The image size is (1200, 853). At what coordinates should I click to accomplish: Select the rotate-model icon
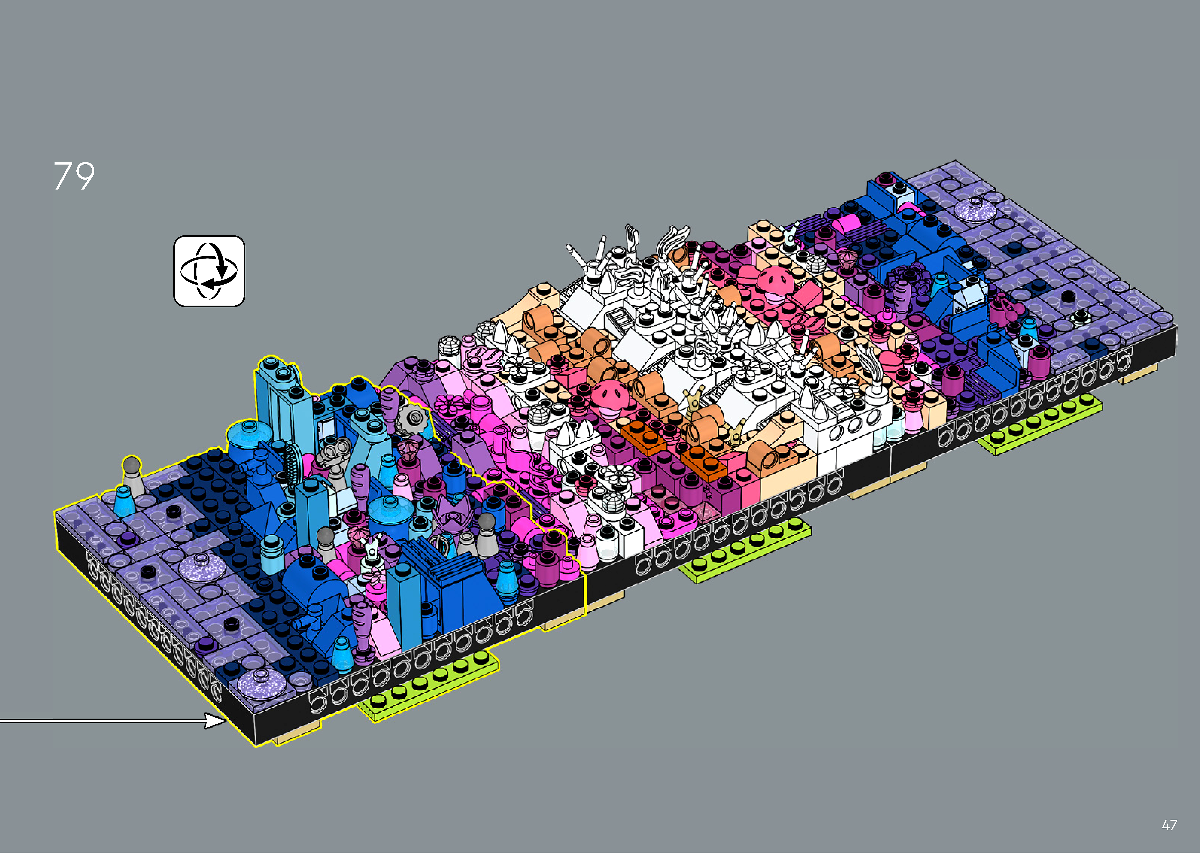(209, 271)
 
